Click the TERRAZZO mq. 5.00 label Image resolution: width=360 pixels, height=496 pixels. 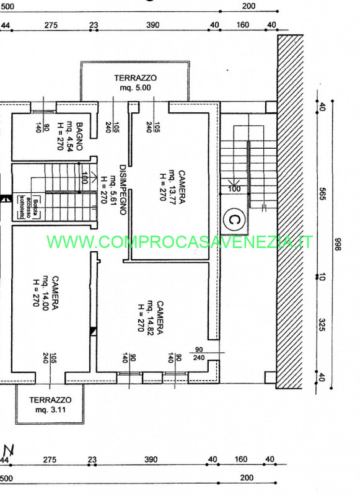(x=135, y=83)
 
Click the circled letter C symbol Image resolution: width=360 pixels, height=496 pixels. (x=234, y=219)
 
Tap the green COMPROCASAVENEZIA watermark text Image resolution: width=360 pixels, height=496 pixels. (x=180, y=242)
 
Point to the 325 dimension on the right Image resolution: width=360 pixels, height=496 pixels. (x=322, y=324)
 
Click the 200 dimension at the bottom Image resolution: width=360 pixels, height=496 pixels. (x=248, y=478)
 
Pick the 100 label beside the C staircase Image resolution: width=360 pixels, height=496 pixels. (x=234, y=188)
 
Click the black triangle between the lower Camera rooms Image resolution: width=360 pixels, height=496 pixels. (x=94, y=332)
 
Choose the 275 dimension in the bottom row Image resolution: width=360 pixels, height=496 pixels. (x=50, y=459)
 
